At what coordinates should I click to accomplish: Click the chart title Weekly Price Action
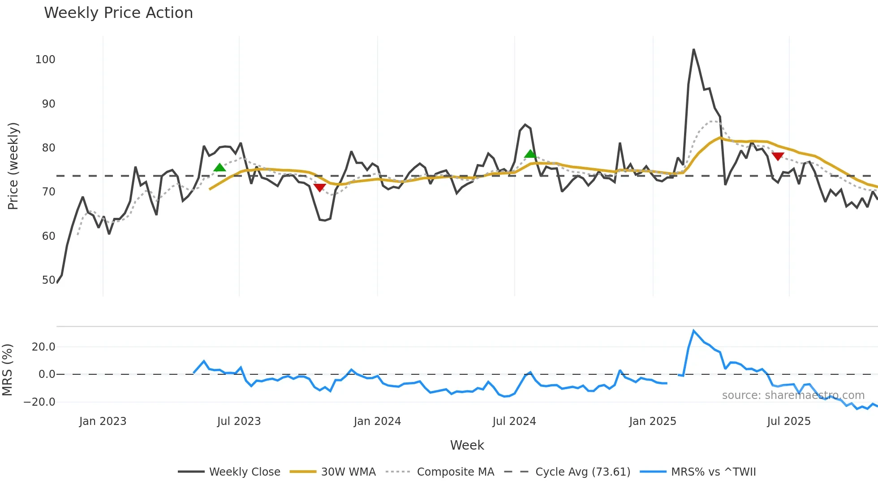click(x=118, y=13)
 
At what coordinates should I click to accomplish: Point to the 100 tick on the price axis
click(x=45, y=60)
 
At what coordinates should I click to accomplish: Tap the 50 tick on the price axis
click(x=48, y=280)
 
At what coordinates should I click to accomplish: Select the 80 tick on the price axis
click(x=48, y=148)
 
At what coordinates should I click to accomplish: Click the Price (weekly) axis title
click(x=13, y=166)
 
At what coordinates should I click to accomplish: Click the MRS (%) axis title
click(x=7, y=370)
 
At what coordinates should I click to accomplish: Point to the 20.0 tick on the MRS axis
click(x=43, y=347)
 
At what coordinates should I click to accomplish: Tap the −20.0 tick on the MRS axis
click(x=39, y=402)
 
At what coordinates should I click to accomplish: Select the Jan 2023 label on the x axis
click(x=103, y=421)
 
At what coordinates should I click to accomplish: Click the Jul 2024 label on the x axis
click(x=514, y=421)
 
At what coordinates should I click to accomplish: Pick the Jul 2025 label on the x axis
click(x=788, y=421)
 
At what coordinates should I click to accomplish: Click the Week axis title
click(x=467, y=445)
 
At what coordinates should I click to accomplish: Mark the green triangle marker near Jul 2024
click(x=530, y=154)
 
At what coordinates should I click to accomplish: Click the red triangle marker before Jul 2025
click(x=778, y=156)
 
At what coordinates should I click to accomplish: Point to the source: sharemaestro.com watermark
click(x=793, y=395)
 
